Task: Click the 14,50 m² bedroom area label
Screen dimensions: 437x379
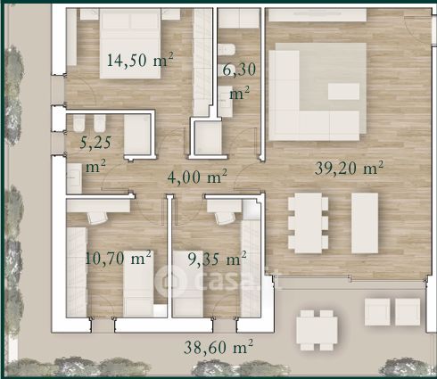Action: click(x=140, y=60)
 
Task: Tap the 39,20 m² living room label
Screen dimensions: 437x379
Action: click(x=349, y=169)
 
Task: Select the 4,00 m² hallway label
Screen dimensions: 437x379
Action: click(x=197, y=177)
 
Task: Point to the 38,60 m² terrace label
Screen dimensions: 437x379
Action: click(x=218, y=347)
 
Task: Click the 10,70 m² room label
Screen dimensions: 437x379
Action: click(x=119, y=258)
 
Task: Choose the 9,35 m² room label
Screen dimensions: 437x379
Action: click(x=218, y=259)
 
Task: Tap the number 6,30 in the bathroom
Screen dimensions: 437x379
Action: click(x=239, y=70)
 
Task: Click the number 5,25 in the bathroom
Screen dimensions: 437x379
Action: click(x=95, y=143)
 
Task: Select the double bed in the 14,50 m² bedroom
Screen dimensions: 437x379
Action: click(x=130, y=44)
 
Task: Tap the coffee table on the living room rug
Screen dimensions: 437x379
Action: click(x=343, y=91)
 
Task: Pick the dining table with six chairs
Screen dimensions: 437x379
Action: click(x=309, y=223)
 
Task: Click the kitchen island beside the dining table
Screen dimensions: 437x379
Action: click(x=365, y=223)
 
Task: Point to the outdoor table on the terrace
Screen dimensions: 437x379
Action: click(x=317, y=330)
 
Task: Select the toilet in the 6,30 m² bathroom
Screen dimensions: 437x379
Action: click(x=227, y=49)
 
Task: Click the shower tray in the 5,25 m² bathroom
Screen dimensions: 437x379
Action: click(x=137, y=135)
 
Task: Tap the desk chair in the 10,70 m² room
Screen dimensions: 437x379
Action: click(x=97, y=218)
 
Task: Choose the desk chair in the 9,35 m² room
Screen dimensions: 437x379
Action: click(x=224, y=218)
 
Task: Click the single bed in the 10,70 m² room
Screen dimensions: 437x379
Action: click(x=138, y=284)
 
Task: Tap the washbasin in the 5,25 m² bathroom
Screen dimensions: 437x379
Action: click(x=74, y=177)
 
